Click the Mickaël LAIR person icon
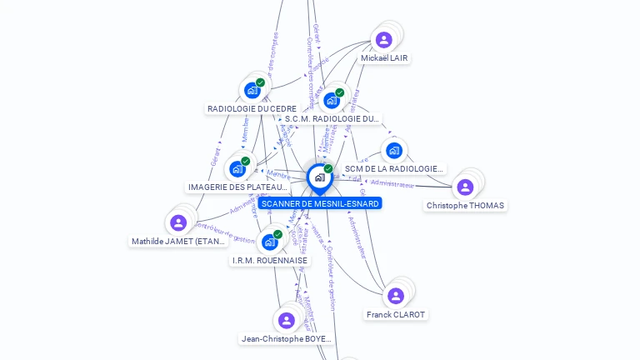(383, 39)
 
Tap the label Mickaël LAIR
(384, 58)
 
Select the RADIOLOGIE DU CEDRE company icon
(252, 90)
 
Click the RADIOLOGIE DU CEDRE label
(252, 108)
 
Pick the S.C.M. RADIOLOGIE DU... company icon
(332, 101)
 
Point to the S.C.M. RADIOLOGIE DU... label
(332, 119)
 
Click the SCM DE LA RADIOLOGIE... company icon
(393, 151)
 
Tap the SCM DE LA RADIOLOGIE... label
(393, 168)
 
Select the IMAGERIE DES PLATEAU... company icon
(237, 169)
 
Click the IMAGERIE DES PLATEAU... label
(237, 187)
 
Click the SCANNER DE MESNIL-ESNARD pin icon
(319, 177)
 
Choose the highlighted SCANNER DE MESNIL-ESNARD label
(319, 203)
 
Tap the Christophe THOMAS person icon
(465, 187)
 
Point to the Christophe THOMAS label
(465, 206)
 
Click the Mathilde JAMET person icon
(178, 222)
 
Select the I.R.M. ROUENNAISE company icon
(269, 242)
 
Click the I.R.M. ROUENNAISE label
(269, 261)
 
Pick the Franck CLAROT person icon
(396, 296)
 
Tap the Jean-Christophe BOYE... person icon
(287, 320)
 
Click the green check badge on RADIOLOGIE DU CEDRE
(261, 82)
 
